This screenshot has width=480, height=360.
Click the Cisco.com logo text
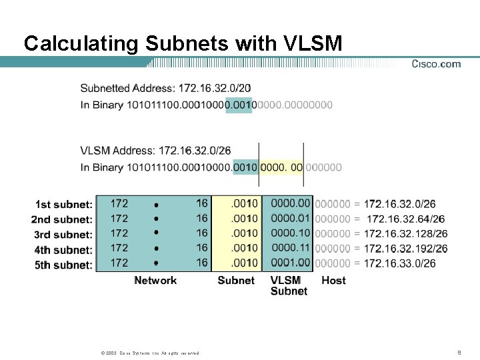tap(436, 64)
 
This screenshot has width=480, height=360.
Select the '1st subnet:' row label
tap(64, 204)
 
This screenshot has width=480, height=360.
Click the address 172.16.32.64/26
tap(405, 219)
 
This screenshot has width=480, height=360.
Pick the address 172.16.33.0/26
tap(400, 264)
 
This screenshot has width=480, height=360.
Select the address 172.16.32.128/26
tap(405, 234)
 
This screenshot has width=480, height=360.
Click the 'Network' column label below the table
tap(155, 281)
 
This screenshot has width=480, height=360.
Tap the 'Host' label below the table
tap(333, 281)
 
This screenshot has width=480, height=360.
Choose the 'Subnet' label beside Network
tap(236, 281)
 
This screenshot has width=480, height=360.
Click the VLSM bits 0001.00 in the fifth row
tap(291, 263)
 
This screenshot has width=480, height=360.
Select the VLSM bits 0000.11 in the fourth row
tap(291, 247)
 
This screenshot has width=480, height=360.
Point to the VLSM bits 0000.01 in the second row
tap(291, 217)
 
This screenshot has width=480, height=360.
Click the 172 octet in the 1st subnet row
tap(119, 203)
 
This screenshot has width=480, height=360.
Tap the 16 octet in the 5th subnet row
tap(202, 263)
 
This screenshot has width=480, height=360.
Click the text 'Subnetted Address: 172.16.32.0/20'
tap(166, 88)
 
